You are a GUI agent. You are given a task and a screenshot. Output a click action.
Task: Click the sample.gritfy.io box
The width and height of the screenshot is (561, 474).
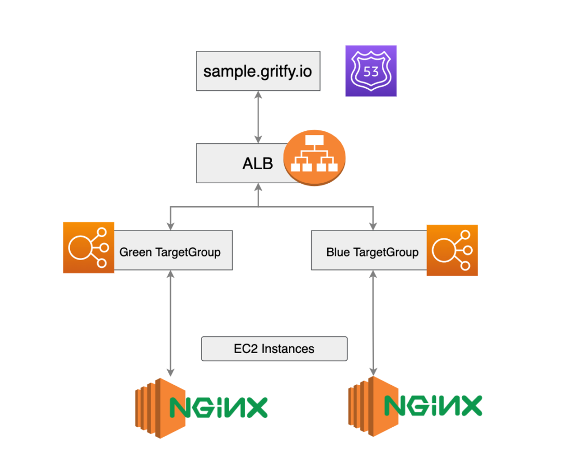tap(258, 71)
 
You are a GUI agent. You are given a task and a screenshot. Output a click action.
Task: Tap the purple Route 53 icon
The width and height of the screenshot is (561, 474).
tap(371, 71)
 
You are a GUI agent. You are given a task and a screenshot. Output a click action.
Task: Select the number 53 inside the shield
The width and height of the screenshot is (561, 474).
tap(371, 72)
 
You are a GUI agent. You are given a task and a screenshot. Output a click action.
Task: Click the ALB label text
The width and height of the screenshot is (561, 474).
tap(257, 164)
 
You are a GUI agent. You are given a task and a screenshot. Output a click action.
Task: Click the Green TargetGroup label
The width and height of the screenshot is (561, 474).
tap(170, 252)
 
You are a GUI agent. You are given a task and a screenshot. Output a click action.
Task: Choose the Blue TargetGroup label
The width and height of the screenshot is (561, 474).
tap(372, 252)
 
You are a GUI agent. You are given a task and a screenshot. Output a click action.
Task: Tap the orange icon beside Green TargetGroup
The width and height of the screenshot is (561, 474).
tap(89, 248)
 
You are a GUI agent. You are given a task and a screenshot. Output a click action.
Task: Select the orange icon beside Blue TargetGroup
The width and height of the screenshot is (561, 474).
tap(452, 250)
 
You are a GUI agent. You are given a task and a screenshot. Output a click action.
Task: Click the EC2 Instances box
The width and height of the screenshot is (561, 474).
tap(274, 349)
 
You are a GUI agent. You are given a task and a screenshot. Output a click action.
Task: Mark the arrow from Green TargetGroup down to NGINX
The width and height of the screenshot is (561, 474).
tap(170, 322)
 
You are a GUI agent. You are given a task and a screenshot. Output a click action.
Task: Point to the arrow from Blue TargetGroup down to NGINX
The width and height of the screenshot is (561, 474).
tap(372, 322)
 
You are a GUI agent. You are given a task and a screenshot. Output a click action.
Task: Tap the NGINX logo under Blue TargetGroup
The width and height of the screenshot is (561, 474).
tap(433, 405)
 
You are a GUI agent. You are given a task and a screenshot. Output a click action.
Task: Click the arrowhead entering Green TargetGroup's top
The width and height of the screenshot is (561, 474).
tap(170, 226)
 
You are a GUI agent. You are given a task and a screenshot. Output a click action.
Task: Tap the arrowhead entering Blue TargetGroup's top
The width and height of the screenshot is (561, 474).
tap(372, 226)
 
